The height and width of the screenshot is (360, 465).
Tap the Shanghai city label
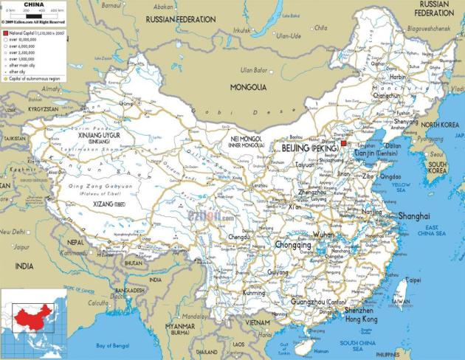[x=413, y=216]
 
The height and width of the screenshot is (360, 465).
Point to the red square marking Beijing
[x=342, y=142]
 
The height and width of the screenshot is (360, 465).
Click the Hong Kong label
[x=361, y=319]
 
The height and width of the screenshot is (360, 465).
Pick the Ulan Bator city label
[x=249, y=70]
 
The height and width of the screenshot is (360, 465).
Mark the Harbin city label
[x=398, y=77]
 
